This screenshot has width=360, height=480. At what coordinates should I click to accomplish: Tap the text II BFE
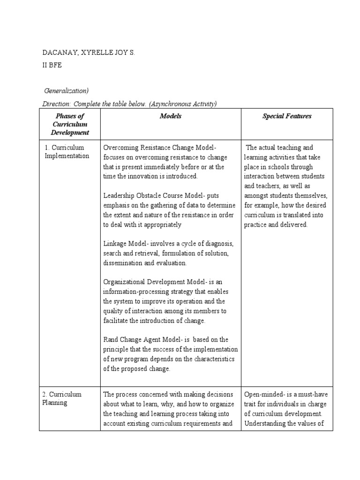tap(52, 66)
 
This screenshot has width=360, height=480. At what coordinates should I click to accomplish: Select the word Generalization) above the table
tap(67, 91)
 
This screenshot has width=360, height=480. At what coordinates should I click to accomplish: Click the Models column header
tap(170, 116)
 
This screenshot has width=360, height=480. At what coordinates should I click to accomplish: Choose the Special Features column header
tap(286, 116)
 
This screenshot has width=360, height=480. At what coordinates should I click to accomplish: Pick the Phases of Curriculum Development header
tap(69, 124)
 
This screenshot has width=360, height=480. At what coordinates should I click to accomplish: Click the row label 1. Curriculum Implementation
tap(67, 151)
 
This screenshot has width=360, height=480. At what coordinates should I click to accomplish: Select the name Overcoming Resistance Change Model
tap(158, 148)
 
